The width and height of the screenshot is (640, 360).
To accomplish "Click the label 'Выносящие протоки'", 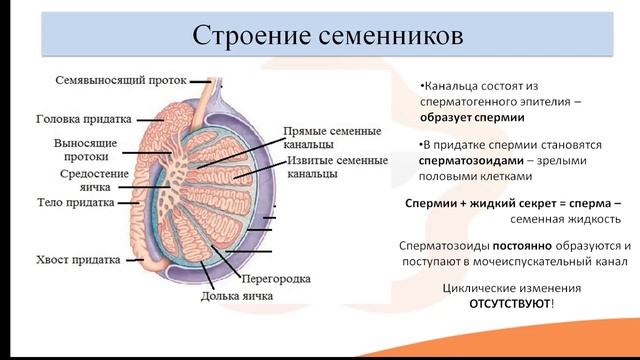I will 88,150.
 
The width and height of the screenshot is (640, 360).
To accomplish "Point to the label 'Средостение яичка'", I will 94,181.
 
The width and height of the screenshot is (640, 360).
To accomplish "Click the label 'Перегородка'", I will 276,278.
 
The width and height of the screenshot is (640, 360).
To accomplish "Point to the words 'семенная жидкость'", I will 565,219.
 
